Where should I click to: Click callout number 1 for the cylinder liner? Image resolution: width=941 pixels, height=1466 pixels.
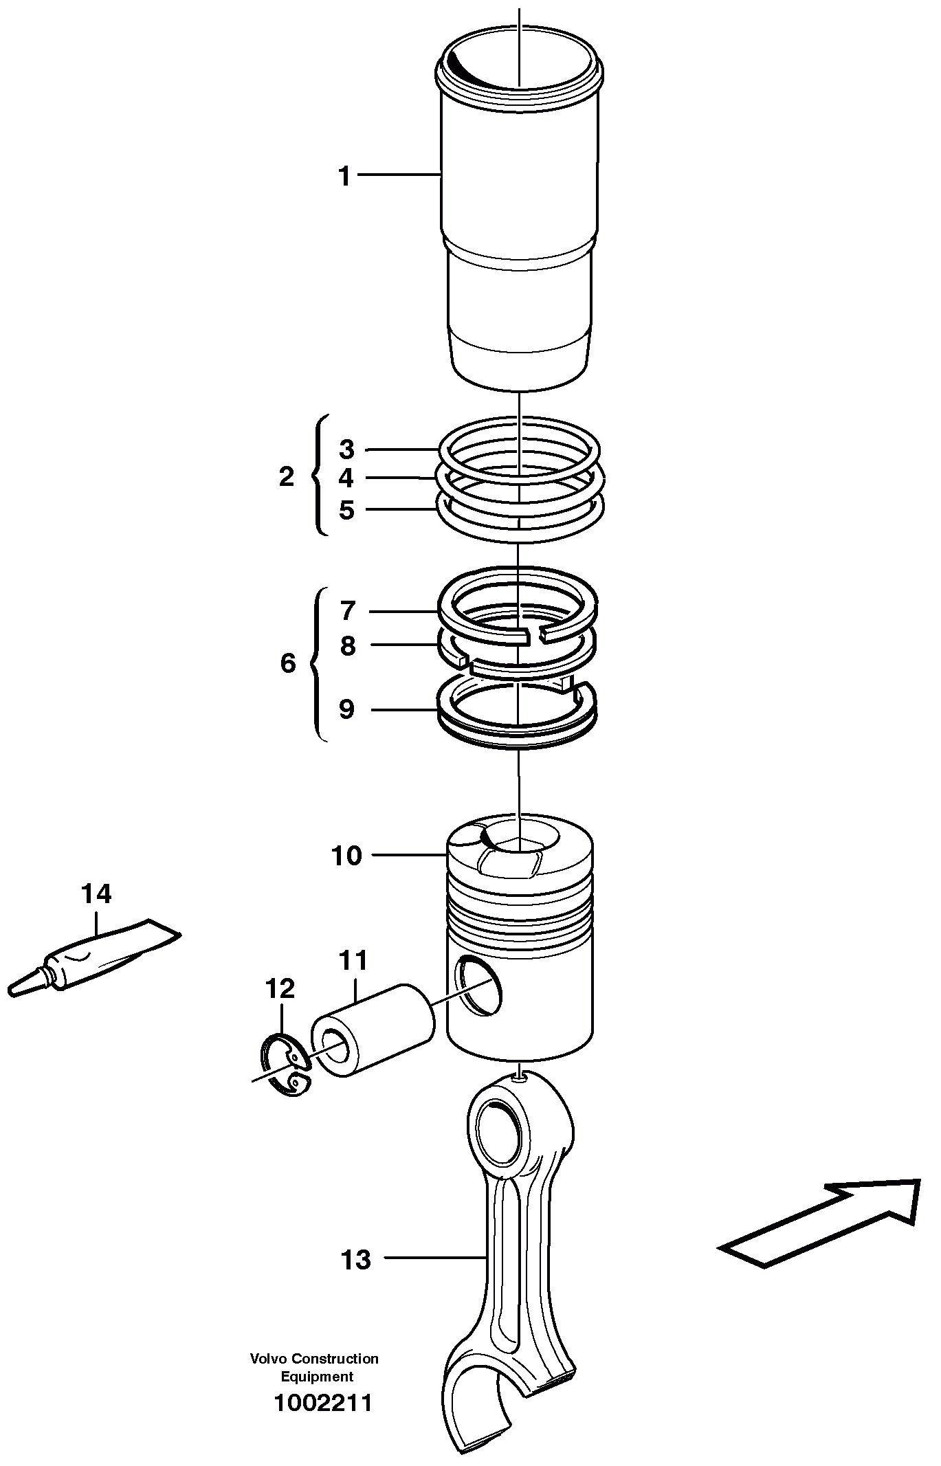tap(344, 176)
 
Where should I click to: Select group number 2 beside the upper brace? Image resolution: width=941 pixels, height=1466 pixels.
tap(287, 476)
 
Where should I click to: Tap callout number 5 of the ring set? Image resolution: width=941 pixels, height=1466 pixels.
tap(346, 510)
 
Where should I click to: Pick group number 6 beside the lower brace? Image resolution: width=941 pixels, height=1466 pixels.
tap(288, 663)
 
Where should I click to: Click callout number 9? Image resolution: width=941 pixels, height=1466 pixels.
tap(346, 709)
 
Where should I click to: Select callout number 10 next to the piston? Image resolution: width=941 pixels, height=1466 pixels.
tap(346, 856)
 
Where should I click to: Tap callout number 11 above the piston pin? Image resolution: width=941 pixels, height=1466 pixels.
tap(354, 960)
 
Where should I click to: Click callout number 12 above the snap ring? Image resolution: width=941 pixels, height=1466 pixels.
tap(280, 988)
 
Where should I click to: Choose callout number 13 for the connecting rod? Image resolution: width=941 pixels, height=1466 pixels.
tap(356, 1260)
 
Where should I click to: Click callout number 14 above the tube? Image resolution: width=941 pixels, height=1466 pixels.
tap(96, 893)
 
